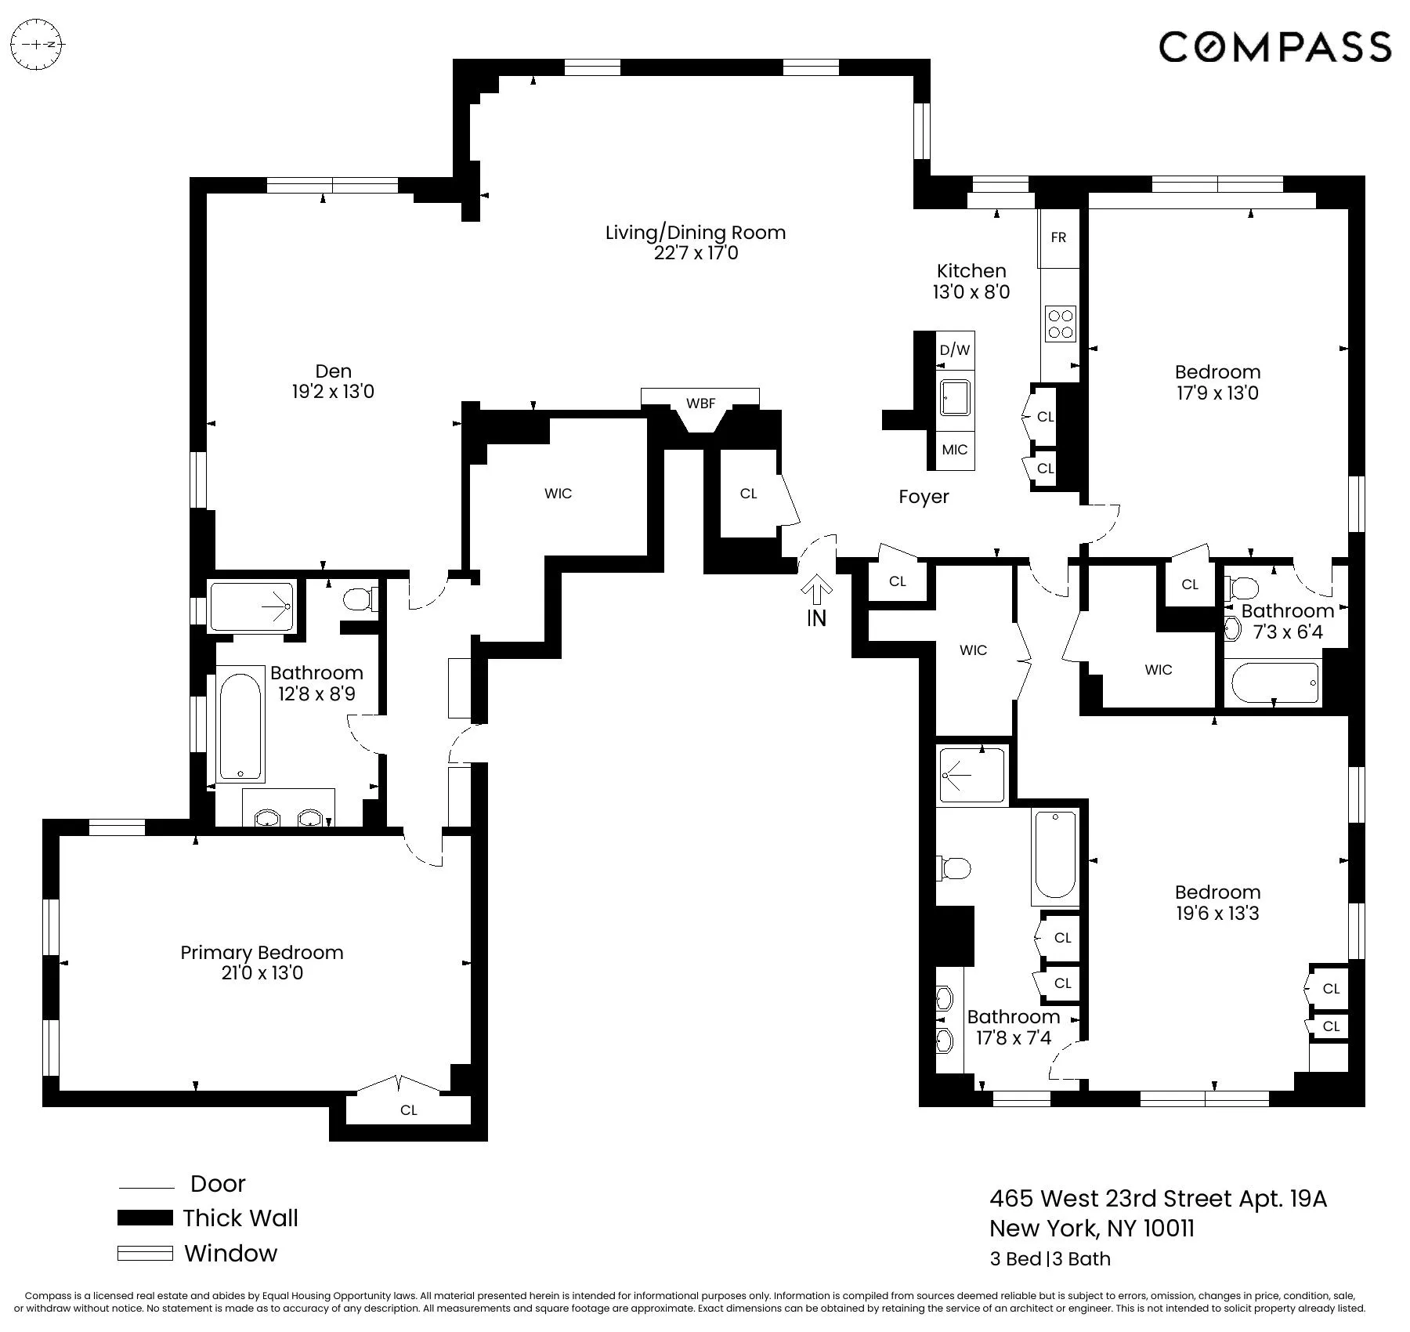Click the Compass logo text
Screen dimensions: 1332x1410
[1274, 47]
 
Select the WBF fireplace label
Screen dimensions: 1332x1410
[700, 404]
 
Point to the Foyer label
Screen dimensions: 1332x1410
[924, 497]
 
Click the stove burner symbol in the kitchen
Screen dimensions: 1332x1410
[1061, 324]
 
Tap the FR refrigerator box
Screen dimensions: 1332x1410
[1058, 237]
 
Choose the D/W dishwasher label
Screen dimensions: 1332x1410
[955, 350]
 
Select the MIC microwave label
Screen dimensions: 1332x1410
[955, 450]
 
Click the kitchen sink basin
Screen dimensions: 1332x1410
[955, 400]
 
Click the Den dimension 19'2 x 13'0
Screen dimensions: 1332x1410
[333, 392]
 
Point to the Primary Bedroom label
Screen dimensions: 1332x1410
[262, 952]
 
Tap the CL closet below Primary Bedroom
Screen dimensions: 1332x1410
[408, 1109]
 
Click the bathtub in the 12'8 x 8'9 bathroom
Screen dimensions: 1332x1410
[240, 725]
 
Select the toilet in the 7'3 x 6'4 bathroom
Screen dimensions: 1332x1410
[1242, 587]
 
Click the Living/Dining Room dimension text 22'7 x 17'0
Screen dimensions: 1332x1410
[696, 253]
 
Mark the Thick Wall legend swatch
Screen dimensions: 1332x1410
[145, 1218]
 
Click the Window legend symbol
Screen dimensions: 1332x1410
[145, 1253]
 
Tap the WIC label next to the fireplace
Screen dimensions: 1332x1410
[558, 494]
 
